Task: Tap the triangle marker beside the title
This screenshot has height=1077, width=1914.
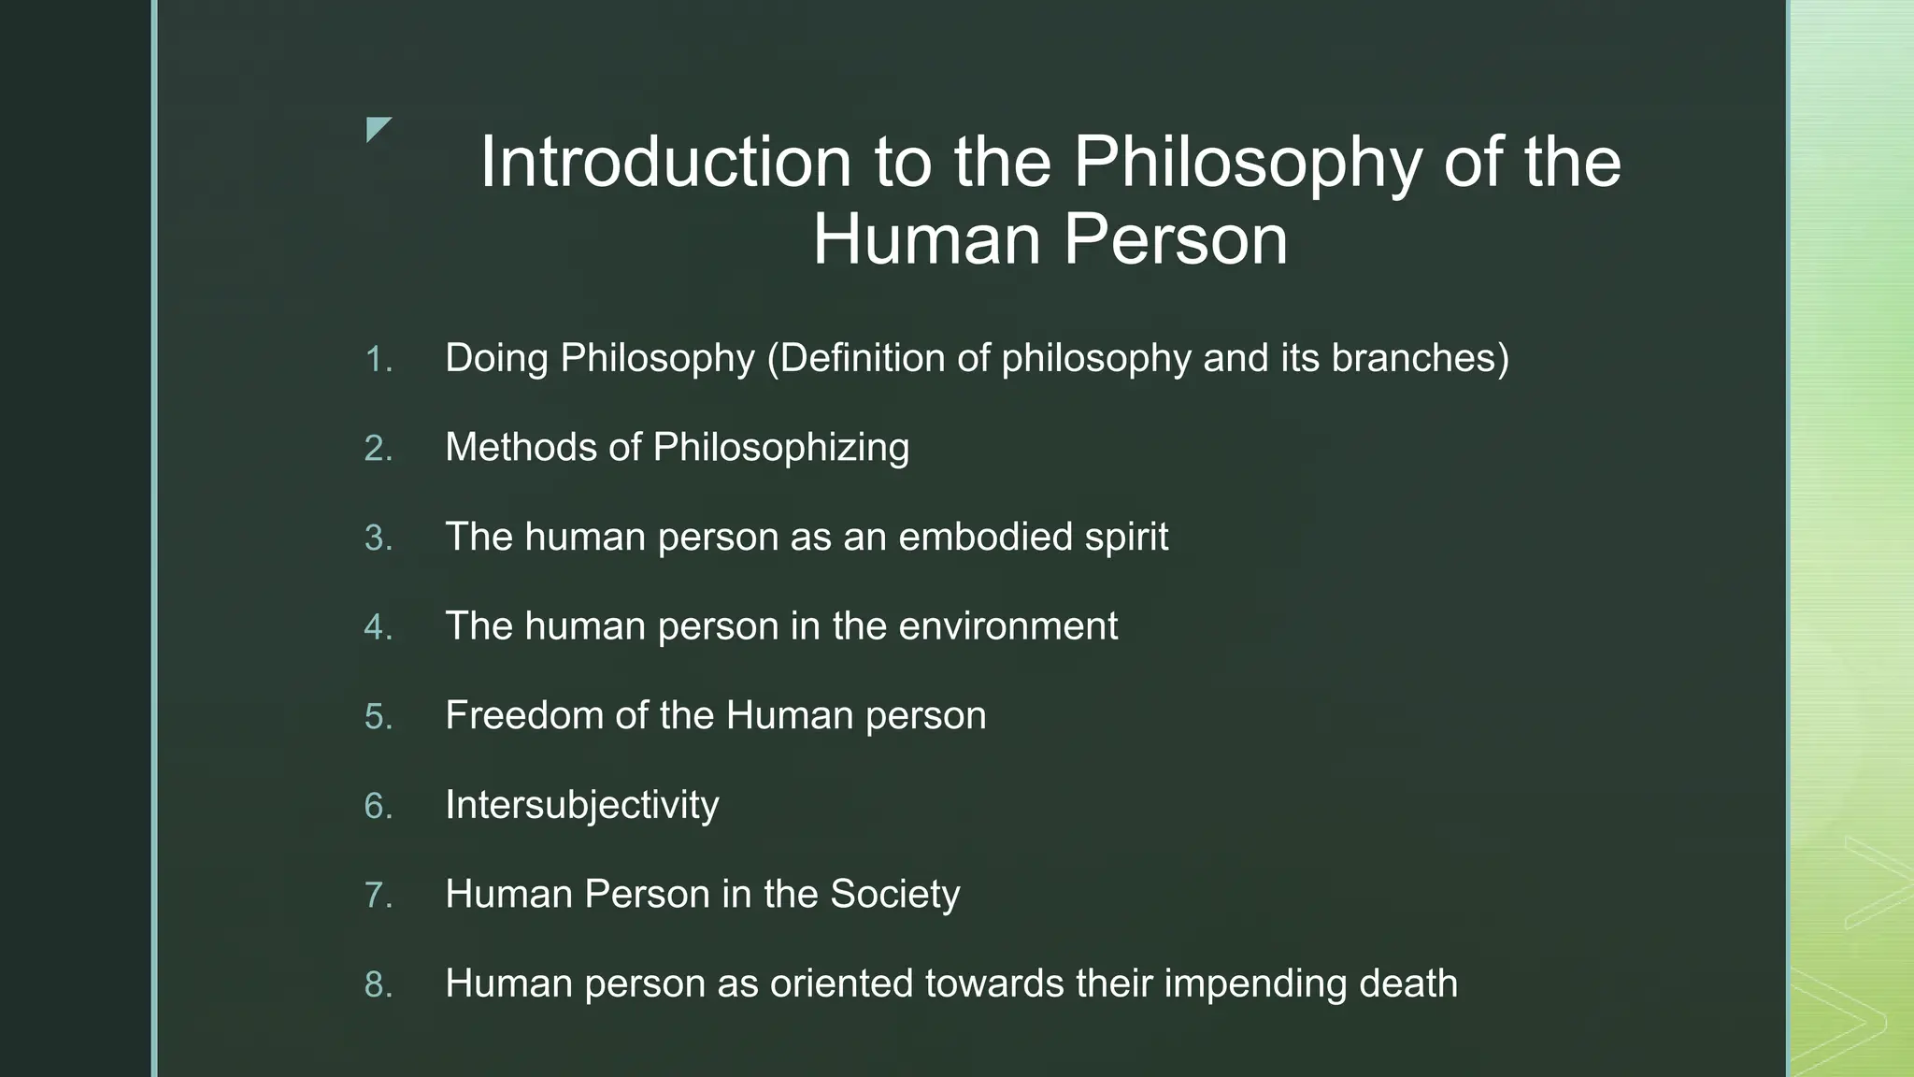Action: click(378, 129)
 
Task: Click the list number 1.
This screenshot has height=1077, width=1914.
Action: click(378, 360)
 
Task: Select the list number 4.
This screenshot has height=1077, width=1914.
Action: click(378, 627)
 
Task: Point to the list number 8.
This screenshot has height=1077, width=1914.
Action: click(378, 984)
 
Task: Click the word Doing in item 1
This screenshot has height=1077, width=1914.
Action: click(496, 358)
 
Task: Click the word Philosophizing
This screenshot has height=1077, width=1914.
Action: click(780, 448)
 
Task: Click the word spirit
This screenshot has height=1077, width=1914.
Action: click(1126, 538)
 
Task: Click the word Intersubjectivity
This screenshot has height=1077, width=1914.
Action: click(581, 805)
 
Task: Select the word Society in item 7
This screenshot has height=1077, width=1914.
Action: click(894, 894)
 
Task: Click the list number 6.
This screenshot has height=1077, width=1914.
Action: click(378, 806)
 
